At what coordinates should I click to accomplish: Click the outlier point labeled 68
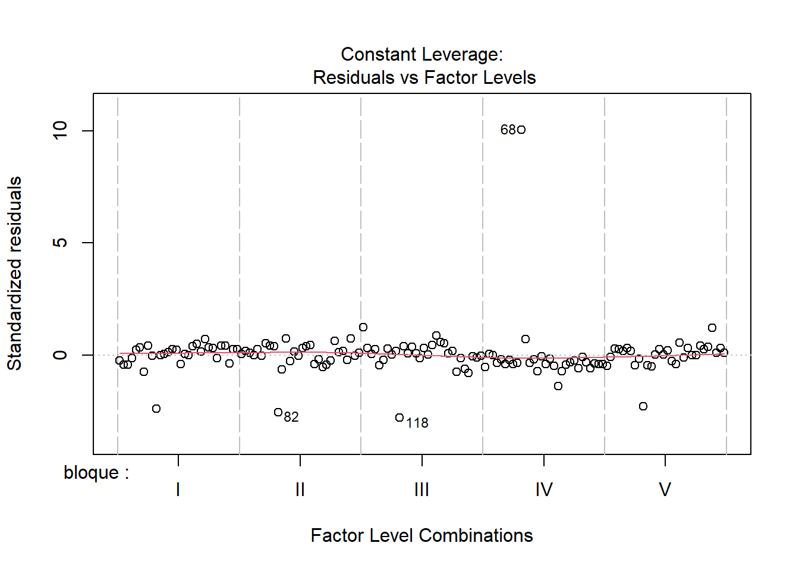[x=521, y=130]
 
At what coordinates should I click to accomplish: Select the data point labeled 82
[x=278, y=412]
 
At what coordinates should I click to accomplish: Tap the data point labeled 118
[x=400, y=418]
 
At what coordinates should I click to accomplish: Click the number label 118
[x=417, y=423]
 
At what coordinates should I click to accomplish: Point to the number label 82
[x=291, y=417]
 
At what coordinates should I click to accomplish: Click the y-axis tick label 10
[x=61, y=130]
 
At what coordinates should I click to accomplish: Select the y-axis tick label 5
[x=61, y=243]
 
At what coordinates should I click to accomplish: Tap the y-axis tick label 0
[x=61, y=355]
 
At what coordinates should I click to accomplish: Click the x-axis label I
[x=178, y=490]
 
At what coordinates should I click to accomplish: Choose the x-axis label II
[x=300, y=490]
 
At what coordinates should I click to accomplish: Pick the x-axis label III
[x=421, y=490]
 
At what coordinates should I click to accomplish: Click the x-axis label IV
[x=544, y=490]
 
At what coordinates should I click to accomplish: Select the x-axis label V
[x=665, y=490]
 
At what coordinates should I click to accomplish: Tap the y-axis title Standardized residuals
[x=14, y=274]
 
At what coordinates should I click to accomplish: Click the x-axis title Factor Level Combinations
[x=421, y=535]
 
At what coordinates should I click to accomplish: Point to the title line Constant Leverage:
[x=421, y=54]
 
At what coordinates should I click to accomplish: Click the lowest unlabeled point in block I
[x=156, y=409]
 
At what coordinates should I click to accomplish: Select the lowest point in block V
[x=643, y=406]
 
